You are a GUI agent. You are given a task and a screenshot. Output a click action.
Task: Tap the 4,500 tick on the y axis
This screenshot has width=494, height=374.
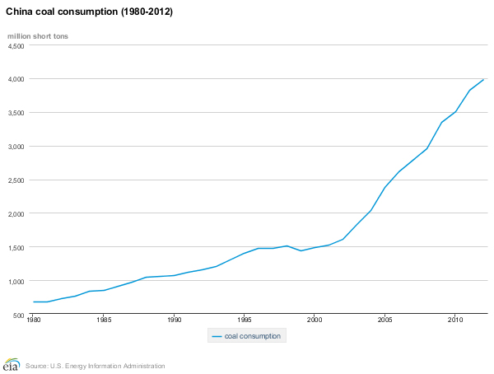(x=16, y=46)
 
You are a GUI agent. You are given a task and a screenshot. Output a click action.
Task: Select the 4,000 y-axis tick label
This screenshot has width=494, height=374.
(x=16, y=79)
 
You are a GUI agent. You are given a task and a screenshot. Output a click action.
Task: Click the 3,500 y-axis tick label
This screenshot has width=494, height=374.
(x=16, y=113)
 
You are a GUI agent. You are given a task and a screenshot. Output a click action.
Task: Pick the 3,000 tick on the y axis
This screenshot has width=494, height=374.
(x=16, y=147)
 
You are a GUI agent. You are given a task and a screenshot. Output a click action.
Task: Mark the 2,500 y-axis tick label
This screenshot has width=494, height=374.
(x=16, y=180)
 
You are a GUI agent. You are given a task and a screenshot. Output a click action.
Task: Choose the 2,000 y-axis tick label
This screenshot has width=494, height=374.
(x=16, y=214)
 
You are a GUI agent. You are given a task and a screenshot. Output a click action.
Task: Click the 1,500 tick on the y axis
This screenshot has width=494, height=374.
(x=16, y=248)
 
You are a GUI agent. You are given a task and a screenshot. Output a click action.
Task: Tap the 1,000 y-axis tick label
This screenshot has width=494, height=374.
(x=16, y=282)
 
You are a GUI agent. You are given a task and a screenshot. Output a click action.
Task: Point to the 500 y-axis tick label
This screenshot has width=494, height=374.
(x=18, y=316)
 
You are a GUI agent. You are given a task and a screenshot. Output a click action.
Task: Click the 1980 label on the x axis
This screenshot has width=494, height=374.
(x=33, y=319)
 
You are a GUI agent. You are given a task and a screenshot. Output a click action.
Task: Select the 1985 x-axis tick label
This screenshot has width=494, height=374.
(x=103, y=319)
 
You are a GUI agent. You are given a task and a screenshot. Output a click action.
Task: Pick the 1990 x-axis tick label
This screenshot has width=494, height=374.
(x=173, y=319)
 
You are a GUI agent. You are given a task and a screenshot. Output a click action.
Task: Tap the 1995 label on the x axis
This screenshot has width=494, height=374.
(x=244, y=319)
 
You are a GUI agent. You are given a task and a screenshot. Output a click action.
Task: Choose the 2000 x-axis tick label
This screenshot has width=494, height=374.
(x=314, y=319)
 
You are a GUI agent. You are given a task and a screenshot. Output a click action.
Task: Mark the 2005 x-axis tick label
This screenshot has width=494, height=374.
(x=384, y=319)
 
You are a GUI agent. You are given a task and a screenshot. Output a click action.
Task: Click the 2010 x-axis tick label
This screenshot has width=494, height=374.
(x=454, y=319)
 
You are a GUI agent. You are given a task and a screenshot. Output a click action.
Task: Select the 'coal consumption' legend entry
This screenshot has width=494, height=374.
(x=247, y=336)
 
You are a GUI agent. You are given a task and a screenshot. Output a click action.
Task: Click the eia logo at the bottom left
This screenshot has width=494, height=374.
(x=12, y=365)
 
